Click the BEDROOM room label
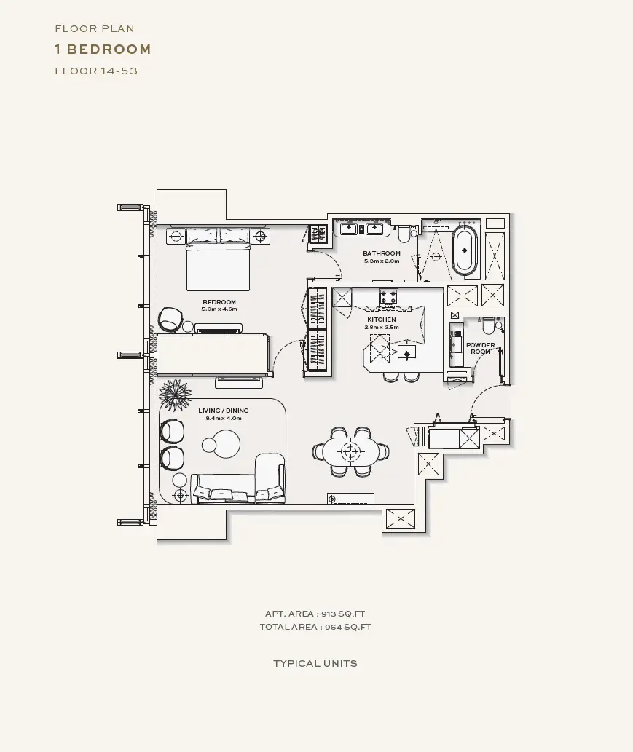pyautogui.click(x=219, y=302)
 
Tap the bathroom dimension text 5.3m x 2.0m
pyautogui.click(x=382, y=261)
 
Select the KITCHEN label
pyautogui.click(x=382, y=320)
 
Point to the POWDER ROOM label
pyautogui.click(x=480, y=348)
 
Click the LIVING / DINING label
pyautogui.click(x=224, y=411)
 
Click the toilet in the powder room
pyautogui.click(x=488, y=327)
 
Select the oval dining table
pyautogui.click(x=351, y=451)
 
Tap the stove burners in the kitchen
pyautogui.click(x=388, y=296)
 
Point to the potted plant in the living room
pyautogui.click(x=174, y=395)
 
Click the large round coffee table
pyautogui.click(x=226, y=443)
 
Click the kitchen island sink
pyautogui.click(x=407, y=352)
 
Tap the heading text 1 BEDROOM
pyautogui.click(x=103, y=50)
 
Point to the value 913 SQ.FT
pyautogui.click(x=343, y=614)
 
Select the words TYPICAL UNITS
pyautogui.click(x=315, y=664)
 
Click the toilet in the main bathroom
pyautogui.click(x=403, y=234)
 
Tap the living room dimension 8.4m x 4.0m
pyautogui.click(x=224, y=418)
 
